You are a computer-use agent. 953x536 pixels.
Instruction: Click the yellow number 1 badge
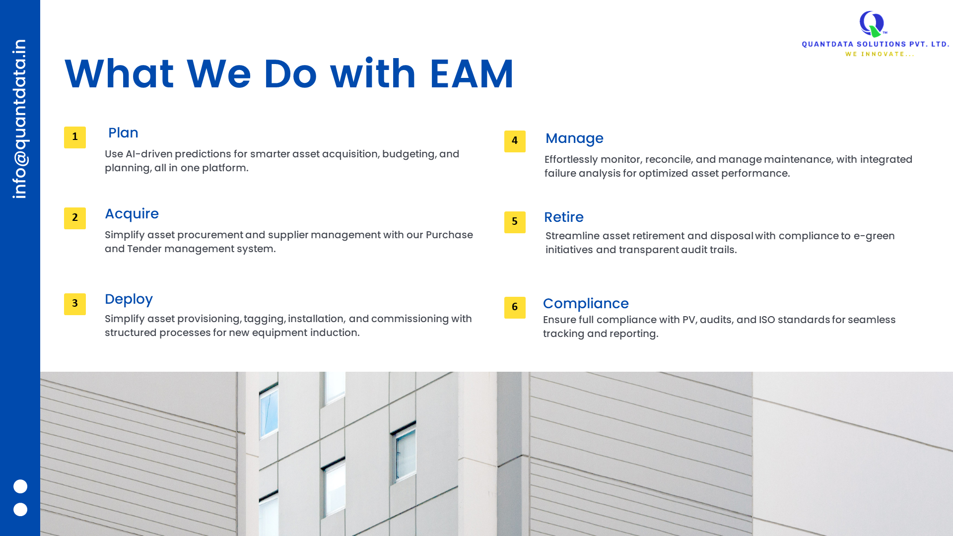coord(75,137)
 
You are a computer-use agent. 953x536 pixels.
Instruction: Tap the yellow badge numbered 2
coord(75,218)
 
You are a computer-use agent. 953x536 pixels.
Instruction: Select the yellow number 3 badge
coord(75,304)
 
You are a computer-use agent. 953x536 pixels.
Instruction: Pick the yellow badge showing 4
coord(515,141)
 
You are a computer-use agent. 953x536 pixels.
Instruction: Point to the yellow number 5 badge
coord(515,222)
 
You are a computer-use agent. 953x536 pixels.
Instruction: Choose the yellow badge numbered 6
coord(515,308)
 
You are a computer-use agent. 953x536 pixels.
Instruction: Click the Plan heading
coord(123,133)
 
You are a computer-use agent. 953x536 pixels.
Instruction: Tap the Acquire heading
coord(132,214)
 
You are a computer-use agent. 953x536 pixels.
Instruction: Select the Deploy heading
coord(129,299)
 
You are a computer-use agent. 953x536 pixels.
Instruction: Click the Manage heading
coord(574,138)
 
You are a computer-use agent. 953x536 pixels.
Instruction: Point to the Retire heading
coord(564,217)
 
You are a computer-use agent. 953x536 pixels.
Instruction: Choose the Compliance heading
coord(586,304)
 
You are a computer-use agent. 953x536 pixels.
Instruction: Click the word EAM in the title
coord(472,74)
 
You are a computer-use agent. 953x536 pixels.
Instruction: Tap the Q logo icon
coord(873,24)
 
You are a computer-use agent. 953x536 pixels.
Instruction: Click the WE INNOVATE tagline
coord(880,54)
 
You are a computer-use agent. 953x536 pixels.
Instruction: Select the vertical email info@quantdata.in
coord(20,119)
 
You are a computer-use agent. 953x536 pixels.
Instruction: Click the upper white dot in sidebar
coord(20,486)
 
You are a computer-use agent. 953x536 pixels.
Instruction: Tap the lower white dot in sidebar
coord(20,510)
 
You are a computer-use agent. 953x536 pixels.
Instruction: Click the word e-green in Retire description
coord(874,236)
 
